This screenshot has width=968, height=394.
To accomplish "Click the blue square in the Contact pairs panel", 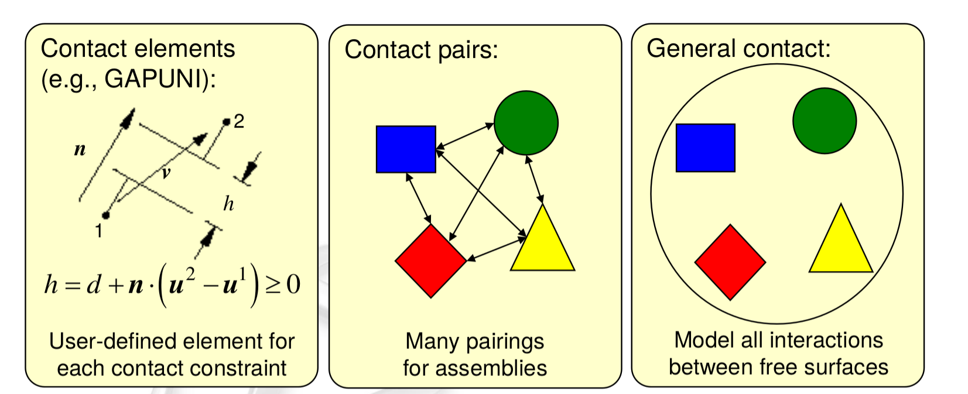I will [406, 149].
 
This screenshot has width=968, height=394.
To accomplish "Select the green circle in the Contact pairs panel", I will [526, 123].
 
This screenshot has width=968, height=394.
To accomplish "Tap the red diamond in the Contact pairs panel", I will [431, 261].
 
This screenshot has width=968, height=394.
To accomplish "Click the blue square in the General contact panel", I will [705, 148].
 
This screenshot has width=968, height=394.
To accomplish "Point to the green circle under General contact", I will [825, 121].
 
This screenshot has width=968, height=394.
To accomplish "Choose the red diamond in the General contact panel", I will [730, 262].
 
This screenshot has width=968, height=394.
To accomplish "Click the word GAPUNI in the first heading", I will [153, 78].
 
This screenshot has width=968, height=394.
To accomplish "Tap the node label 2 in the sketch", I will [238, 122].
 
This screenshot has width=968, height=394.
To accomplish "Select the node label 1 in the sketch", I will [99, 231].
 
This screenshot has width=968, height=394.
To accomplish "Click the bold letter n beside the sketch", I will [80, 150].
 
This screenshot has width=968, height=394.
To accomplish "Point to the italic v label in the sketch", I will [166, 173].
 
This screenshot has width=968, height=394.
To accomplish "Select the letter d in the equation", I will [94, 285].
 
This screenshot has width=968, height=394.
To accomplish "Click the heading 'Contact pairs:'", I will [421, 50].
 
